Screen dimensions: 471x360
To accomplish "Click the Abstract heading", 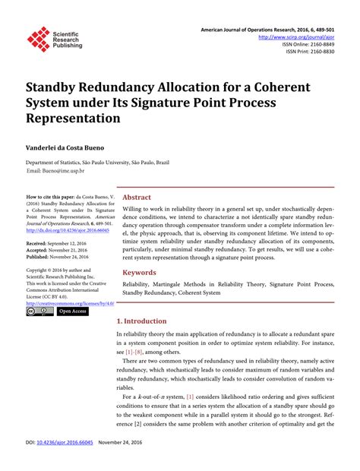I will [137, 197].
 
